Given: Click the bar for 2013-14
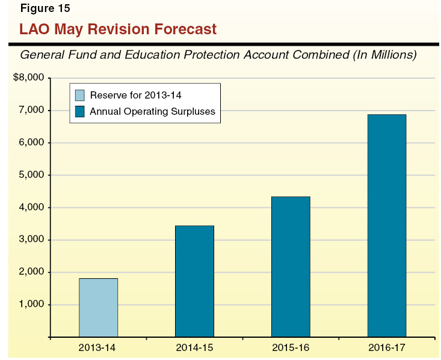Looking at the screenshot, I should click(x=98, y=307).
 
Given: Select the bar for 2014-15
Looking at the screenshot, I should click(x=194, y=281).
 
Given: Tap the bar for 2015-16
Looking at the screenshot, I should click(x=291, y=266).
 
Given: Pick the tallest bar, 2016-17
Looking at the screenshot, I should click(x=387, y=225).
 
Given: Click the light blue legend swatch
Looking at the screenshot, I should click(x=80, y=95).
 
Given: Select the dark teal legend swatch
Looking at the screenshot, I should click(x=80, y=111).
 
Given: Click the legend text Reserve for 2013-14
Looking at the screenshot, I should click(x=135, y=95).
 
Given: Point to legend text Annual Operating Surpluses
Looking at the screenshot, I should click(x=152, y=111).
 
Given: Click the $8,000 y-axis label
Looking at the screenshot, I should click(x=29, y=78).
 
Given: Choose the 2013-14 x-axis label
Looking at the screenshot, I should click(x=99, y=347).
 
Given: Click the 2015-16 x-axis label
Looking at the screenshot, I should click(x=291, y=347).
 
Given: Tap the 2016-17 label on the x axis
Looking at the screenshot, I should click(x=387, y=347).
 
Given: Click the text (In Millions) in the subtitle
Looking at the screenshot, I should click(x=385, y=55).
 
